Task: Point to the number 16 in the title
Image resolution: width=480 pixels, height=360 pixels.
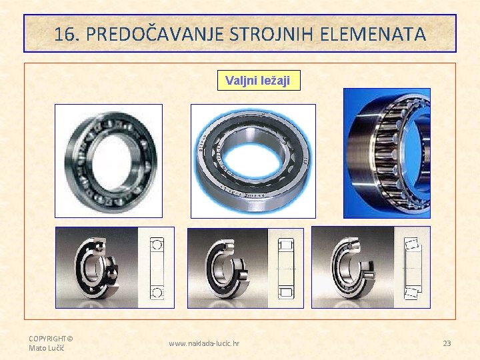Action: pos(66,34)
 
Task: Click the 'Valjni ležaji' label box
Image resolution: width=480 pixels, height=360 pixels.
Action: pos(258,81)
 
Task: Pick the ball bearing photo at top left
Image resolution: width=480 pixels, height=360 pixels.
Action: pos(108,161)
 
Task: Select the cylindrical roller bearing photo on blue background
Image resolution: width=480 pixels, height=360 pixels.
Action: pos(253,161)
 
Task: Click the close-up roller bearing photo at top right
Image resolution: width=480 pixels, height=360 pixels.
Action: pos(387,153)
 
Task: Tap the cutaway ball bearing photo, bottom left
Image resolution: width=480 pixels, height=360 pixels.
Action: pos(97,267)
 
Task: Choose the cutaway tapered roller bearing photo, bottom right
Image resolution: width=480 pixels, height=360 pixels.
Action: pos(353,267)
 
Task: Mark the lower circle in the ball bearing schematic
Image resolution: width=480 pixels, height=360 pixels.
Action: pos(157,292)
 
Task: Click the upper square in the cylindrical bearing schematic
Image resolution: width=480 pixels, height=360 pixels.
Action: pos(285,244)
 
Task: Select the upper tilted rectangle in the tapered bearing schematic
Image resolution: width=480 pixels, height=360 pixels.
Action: pos(411,244)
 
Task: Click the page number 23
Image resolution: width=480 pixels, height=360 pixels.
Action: pos(447,343)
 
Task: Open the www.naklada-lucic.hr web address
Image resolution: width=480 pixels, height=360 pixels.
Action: pos(204,343)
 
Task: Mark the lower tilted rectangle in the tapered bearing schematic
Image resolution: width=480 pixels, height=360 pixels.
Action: pos(411,291)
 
